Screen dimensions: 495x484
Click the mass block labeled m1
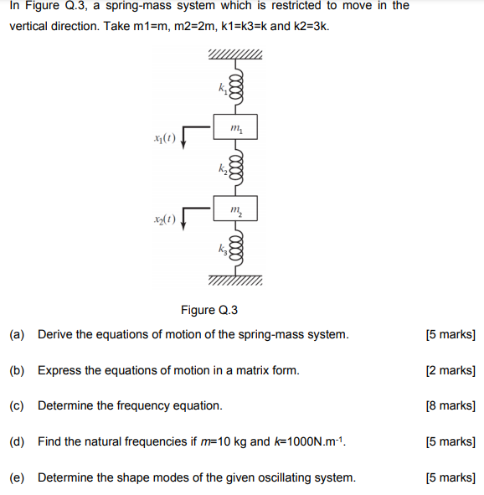point(235,127)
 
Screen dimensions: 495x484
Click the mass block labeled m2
point(235,209)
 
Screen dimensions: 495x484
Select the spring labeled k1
point(235,86)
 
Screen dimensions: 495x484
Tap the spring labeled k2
point(235,168)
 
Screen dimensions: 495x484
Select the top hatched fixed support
point(235,56)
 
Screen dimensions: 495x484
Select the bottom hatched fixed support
point(235,280)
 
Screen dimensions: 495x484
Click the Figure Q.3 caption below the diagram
point(209,310)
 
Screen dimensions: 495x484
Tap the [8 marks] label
point(450,405)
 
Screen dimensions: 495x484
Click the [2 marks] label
point(450,370)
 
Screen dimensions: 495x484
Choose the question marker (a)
point(17,334)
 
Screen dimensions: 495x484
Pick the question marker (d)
point(17,441)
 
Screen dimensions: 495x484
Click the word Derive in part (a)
point(55,334)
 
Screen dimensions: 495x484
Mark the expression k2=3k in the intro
point(310,26)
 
